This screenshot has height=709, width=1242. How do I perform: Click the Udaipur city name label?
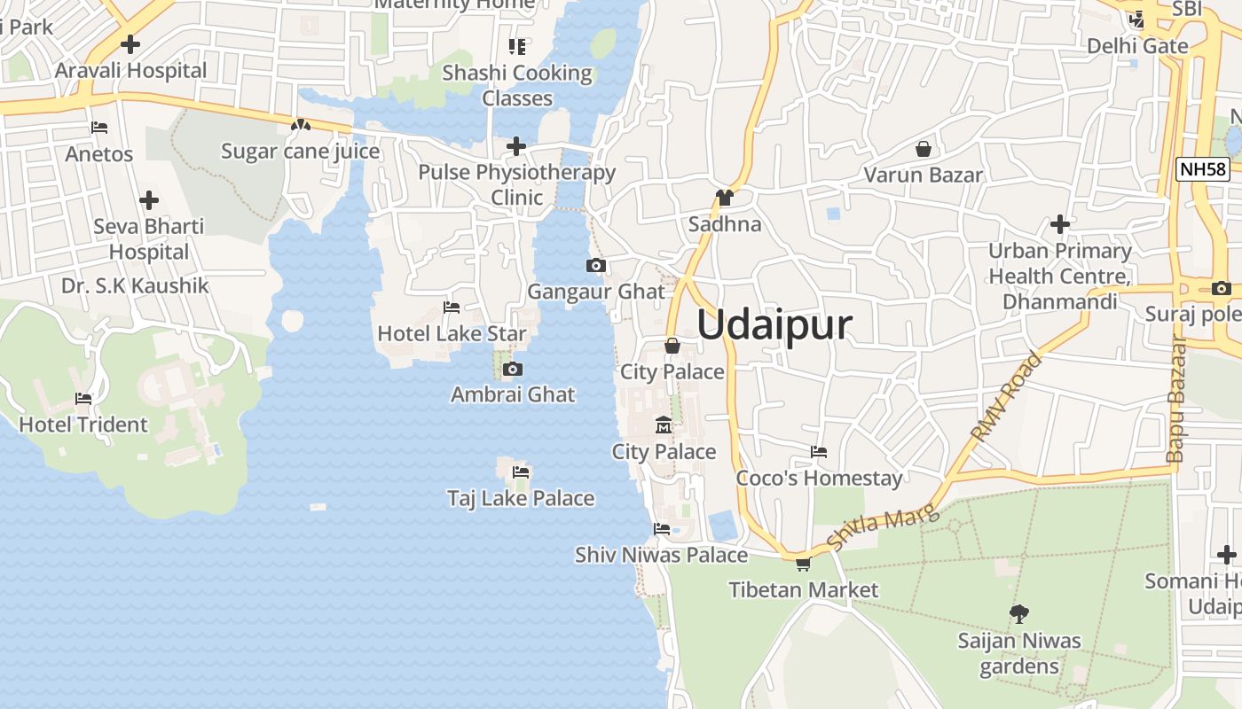(x=774, y=325)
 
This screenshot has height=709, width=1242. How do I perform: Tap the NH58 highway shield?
(x=1202, y=169)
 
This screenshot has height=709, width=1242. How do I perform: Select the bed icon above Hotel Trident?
(x=83, y=399)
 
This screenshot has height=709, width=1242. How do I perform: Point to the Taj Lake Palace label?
(x=521, y=498)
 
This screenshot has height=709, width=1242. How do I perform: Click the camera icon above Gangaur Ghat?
(x=596, y=265)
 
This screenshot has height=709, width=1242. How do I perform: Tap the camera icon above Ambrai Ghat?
(x=512, y=369)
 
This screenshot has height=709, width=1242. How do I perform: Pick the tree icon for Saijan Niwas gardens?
(x=1019, y=613)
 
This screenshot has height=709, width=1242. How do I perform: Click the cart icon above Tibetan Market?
(x=803, y=564)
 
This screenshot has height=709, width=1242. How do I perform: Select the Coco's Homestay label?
(x=819, y=479)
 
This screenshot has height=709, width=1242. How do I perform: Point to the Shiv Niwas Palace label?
(x=661, y=555)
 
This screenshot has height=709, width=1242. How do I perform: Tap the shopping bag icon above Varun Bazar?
(x=924, y=149)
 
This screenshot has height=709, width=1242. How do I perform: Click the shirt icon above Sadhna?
(x=725, y=198)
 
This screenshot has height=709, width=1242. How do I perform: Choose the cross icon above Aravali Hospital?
(x=130, y=43)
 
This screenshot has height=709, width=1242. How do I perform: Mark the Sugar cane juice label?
(x=300, y=152)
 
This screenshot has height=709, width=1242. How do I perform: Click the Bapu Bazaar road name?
(x=1176, y=399)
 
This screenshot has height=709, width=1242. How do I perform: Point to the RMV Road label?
(x=1007, y=398)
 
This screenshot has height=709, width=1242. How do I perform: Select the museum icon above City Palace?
(x=664, y=426)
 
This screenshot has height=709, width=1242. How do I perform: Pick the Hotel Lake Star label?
(x=452, y=334)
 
